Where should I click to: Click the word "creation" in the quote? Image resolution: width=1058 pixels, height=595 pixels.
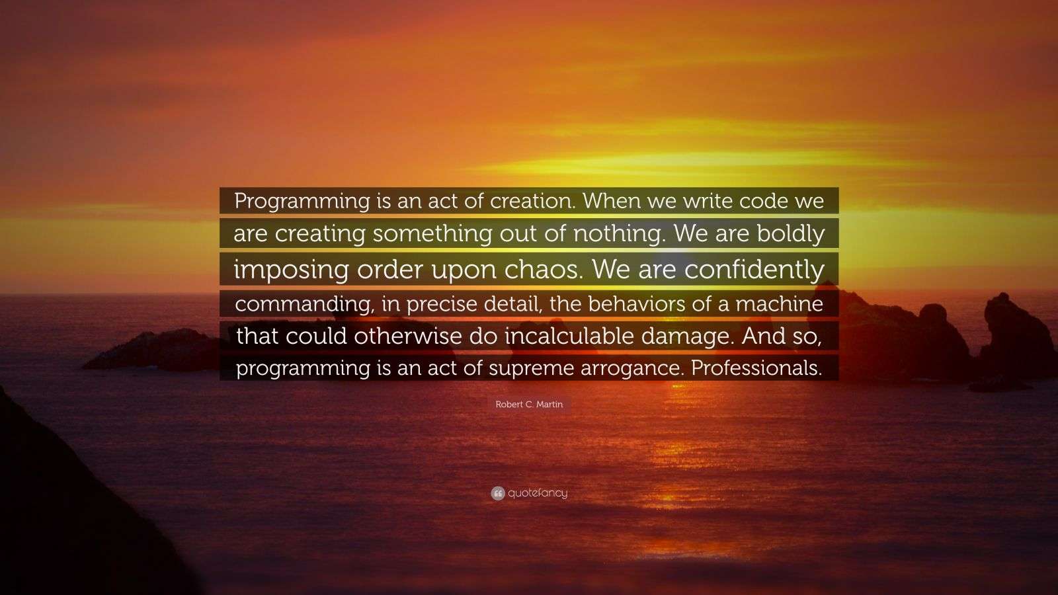[x=532, y=201]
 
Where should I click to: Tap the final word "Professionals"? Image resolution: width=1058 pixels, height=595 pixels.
[x=756, y=368]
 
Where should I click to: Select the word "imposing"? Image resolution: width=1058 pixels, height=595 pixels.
[x=291, y=269]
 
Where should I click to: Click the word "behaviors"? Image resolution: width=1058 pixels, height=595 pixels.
[x=637, y=304]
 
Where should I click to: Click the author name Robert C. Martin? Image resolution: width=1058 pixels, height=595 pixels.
[x=529, y=405]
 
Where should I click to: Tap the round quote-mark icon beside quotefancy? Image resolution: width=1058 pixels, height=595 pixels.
[x=498, y=493]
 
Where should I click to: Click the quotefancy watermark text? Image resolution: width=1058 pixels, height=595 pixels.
[x=538, y=493]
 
